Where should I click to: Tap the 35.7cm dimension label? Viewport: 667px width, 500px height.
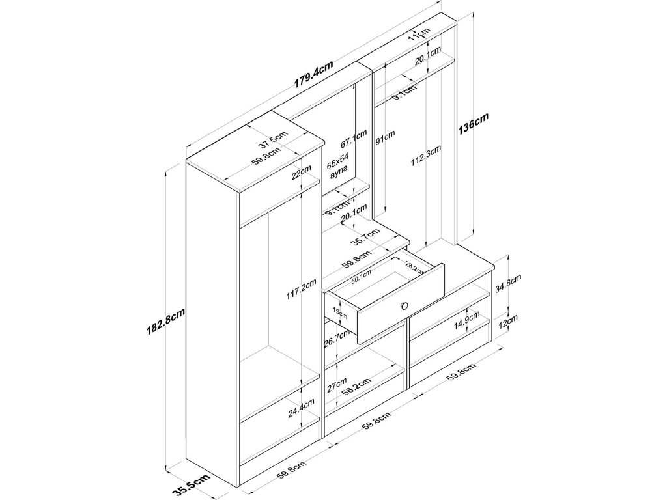pos(365,238)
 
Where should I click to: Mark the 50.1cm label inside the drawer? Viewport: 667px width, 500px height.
pos(361,277)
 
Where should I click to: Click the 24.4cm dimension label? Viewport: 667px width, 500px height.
pos(302,411)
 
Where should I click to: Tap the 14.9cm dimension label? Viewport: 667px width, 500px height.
pos(467,322)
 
